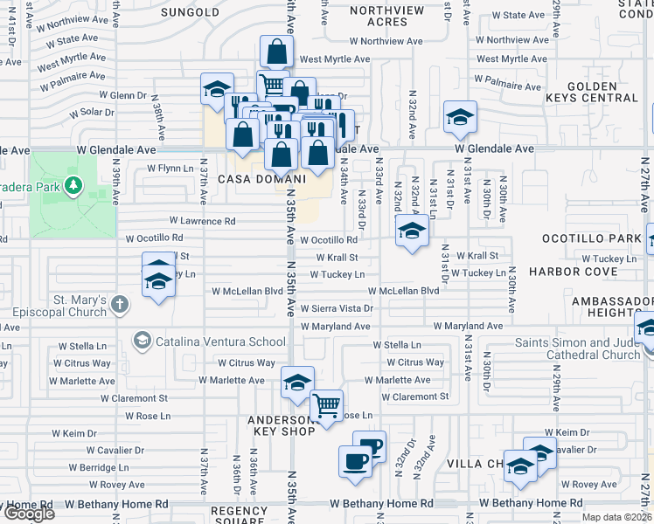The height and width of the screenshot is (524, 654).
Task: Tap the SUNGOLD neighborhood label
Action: tap(190, 12)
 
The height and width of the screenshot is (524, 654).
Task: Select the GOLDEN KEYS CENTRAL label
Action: tap(602, 93)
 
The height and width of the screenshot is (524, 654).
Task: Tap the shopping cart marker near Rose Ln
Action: tap(326, 405)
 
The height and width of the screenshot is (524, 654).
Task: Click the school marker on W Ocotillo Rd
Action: tap(411, 231)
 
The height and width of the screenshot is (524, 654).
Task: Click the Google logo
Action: tap(28, 514)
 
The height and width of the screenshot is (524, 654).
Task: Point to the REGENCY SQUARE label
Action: tap(239, 515)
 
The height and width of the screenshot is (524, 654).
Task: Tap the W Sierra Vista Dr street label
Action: tap(337, 308)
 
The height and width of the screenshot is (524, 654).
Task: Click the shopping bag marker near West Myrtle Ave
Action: tap(276, 52)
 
